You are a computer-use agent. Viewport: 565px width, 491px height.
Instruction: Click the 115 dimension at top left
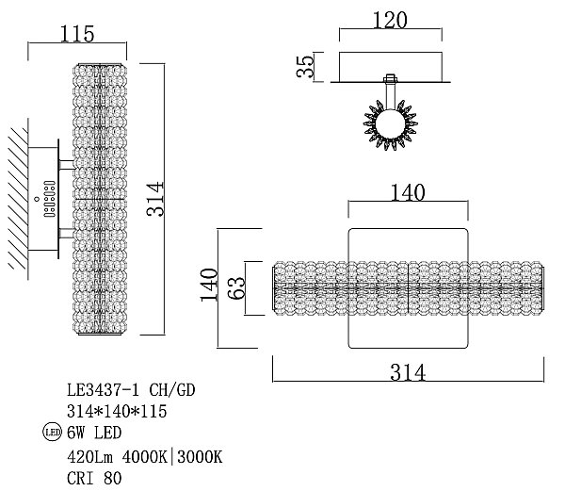pos(77,33)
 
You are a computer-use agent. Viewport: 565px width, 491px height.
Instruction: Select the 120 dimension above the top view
pos(390,19)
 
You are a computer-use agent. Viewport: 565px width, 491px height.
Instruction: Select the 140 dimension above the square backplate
pos(407,192)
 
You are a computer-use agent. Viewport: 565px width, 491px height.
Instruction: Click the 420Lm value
pos(89,457)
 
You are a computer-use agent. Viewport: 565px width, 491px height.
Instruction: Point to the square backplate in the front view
pos(407,245)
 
